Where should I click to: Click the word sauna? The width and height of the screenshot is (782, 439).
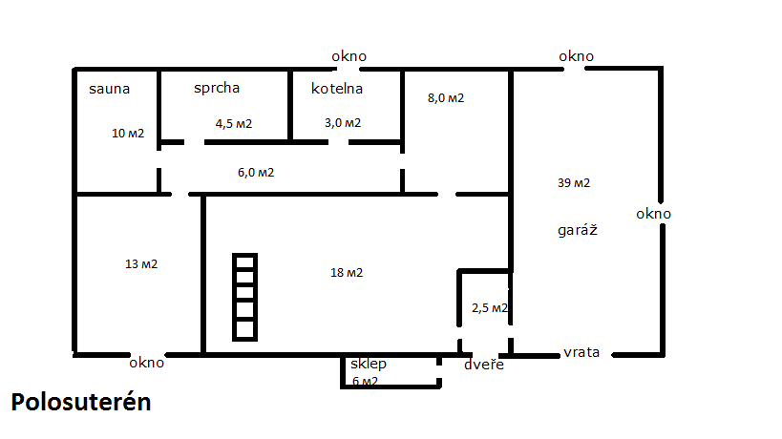pyautogui.click(x=109, y=89)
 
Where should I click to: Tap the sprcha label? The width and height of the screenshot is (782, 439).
pyautogui.click(x=217, y=88)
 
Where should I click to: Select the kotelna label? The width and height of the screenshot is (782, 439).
pyautogui.click(x=337, y=89)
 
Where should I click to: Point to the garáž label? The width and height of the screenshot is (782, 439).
pyautogui.click(x=578, y=230)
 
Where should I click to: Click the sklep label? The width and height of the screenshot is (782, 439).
pyautogui.click(x=369, y=364)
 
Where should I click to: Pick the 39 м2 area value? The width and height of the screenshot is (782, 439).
pyautogui.click(x=574, y=183)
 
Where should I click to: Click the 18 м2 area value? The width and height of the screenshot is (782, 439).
pyautogui.click(x=347, y=273)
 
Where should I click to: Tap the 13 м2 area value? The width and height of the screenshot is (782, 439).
pyautogui.click(x=141, y=264)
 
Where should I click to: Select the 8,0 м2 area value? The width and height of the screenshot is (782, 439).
pyautogui.click(x=446, y=98)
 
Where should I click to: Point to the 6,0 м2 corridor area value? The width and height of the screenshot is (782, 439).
pyautogui.click(x=256, y=173)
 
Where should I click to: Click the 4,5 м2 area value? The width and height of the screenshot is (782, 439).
pyautogui.click(x=234, y=123)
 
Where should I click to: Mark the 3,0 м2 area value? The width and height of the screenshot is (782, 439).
pyautogui.click(x=343, y=123)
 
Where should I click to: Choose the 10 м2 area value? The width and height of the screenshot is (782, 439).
pyautogui.click(x=128, y=134)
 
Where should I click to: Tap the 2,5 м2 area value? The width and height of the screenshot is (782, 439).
pyautogui.click(x=490, y=308)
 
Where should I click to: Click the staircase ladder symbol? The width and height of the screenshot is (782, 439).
pyautogui.click(x=244, y=297)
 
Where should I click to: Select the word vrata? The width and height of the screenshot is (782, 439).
pyautogui.click(x=581, y=353)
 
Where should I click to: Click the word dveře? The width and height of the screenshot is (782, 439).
pyautogui.click(x=484, y=365)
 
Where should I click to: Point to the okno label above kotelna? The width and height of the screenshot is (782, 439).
pyautogui.click(x=349, y=56)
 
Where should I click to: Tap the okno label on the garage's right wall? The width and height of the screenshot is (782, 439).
pyautogui.click(x=653, y=215)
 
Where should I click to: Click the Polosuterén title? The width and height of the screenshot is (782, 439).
pyautogui.click(x=81, y=402)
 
